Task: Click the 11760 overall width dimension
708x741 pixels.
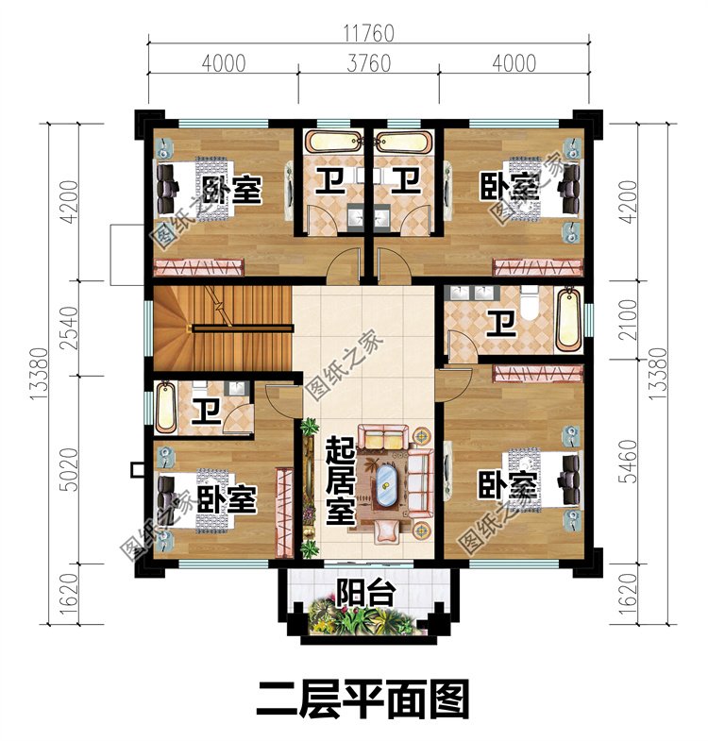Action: [x=368, y=32]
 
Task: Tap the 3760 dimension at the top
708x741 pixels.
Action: [x=368, y=63]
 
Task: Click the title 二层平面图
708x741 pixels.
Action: [x=362, y=700]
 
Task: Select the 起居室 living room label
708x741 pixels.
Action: [x=339, y=481]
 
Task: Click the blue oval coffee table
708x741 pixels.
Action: [x=387, y=487]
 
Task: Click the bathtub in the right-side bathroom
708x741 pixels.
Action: [x=568, y=320]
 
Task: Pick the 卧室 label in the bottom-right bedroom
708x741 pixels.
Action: [x=507, y=486]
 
